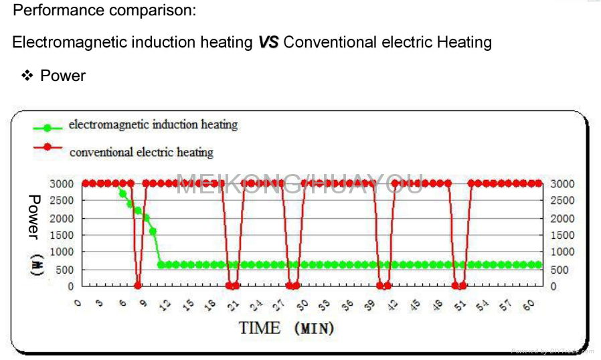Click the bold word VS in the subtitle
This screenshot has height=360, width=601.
point(268,43)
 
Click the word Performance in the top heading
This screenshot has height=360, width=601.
point(54,11)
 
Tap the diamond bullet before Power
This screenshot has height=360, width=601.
point(27,76)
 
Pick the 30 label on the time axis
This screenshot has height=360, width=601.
point(303,304)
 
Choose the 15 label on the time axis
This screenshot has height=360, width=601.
point(189,304)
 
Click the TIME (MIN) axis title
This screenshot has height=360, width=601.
point(286,329)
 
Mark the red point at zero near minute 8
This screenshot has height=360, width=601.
point(138,286)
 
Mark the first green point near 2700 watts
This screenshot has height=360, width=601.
point(122,193)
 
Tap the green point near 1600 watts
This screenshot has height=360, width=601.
point(153,232)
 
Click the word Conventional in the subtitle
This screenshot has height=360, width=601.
point(330,43)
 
